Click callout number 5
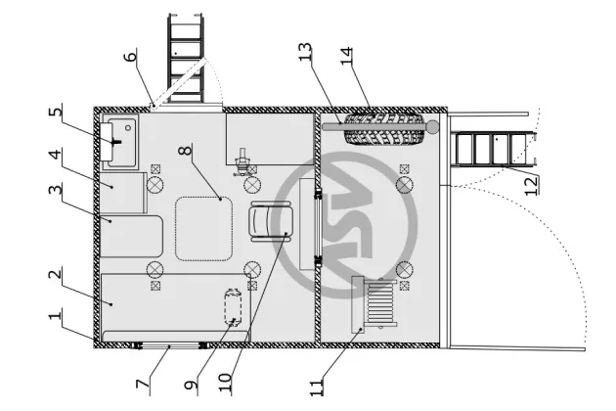coord(56,113)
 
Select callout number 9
coord(192,385)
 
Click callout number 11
coord(316,385)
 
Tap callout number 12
coord(531,184)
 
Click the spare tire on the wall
coord(388,129)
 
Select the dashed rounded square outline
coord(203,228)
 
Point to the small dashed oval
coord(234,307)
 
